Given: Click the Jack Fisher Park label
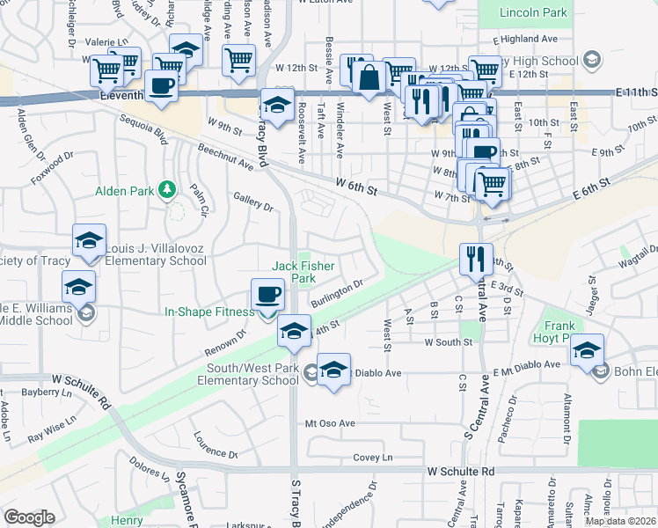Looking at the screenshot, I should click(x=293, y=272).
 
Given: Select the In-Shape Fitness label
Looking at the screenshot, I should click(x=209, y=311).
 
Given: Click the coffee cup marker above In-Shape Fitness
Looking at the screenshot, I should click(x=267, y=295).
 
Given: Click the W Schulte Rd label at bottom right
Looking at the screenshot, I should click(x=461, y=472).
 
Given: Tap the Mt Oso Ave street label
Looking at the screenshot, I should click(x=330, y=423).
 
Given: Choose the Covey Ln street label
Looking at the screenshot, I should click(x=372, y=458).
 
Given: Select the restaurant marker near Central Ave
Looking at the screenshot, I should click(x=472, y=259).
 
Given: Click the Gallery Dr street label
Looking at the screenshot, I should click(x=253, y=202).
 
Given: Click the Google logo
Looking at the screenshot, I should click(x=29, y=517).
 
